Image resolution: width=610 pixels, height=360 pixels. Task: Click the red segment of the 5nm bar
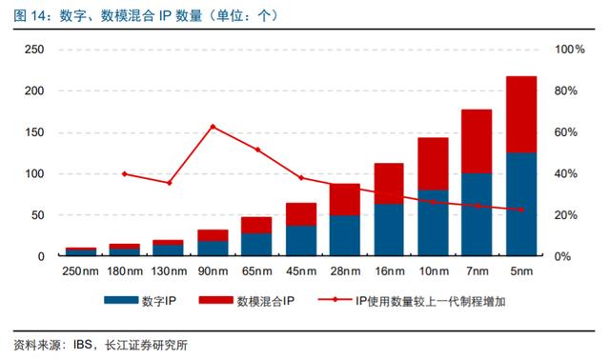(521, 114)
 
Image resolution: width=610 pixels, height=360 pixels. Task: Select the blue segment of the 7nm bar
(477, 214)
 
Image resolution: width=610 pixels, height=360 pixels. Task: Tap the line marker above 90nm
(213, 127)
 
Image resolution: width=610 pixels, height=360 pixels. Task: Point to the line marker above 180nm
(125, 174)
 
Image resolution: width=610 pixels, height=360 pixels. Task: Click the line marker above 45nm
(301, 178)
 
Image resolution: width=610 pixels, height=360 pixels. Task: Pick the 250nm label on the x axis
(80, 271)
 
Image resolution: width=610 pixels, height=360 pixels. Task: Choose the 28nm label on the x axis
(345, 271)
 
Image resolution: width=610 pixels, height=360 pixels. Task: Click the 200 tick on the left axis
(34, 91)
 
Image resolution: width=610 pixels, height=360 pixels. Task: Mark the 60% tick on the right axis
(566, 132)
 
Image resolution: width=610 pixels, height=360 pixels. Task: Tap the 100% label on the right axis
(570, 50)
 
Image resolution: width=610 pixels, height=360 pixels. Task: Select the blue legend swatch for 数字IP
(121, 300)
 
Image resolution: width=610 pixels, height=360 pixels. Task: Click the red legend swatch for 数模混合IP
(215, 300)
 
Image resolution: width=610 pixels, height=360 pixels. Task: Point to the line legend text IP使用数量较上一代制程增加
(430, 301)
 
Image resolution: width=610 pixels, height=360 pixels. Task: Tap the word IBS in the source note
(83, 345)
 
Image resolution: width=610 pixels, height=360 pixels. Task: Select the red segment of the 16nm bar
(389, 184)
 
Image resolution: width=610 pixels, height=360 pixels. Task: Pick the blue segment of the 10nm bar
(433, 223)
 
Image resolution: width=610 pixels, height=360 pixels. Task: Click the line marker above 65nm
(257, 150)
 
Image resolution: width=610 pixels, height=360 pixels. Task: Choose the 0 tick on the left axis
(41, 256)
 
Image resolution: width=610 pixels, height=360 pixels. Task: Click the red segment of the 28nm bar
(345, 199)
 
